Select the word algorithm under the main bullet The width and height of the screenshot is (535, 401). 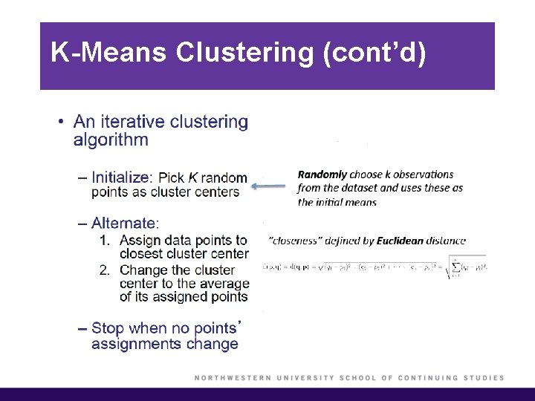click(x=111, y=140)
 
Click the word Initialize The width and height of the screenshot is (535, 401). click(x=122, y=177)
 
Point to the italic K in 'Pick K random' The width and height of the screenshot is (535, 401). click(x=193, y=177)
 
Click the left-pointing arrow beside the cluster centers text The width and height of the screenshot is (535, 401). click(x=268, y=187)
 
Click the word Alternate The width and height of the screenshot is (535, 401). click(x=125, y=223)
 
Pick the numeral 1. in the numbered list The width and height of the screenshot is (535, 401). click(x=105, y=241)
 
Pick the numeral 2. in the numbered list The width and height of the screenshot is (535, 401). click(x=105, y=270)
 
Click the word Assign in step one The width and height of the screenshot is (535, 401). click(x=140, y=241)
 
